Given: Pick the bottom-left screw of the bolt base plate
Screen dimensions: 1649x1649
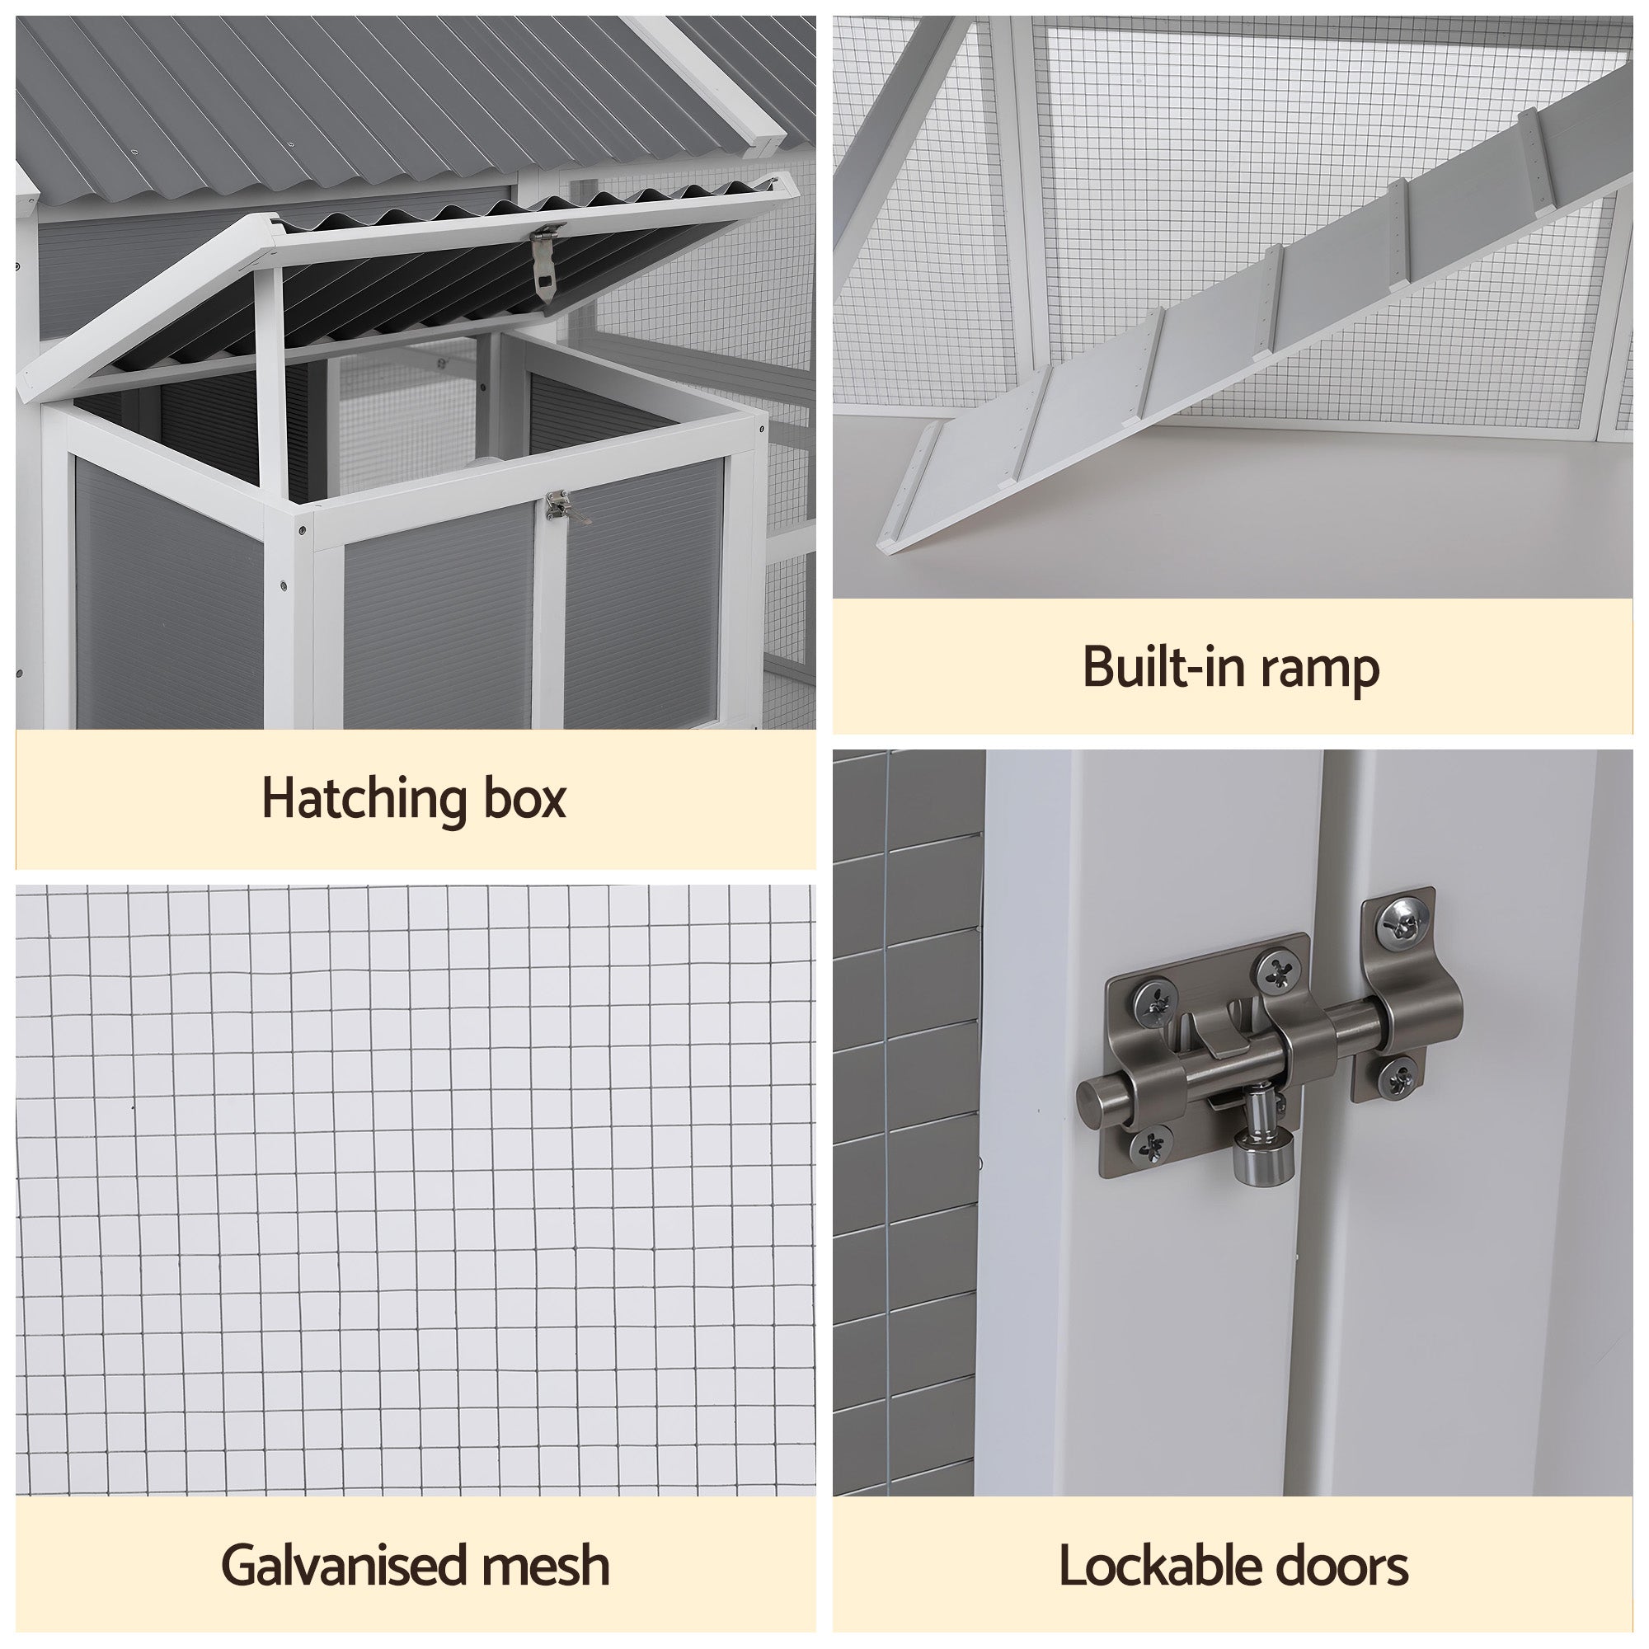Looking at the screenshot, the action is click(1149, 1143).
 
